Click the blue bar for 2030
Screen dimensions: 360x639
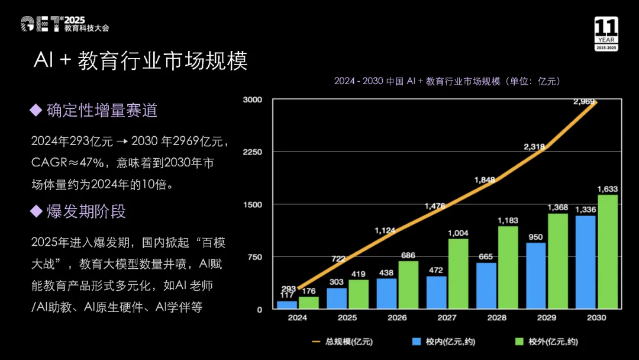585,262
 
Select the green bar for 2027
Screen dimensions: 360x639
458,274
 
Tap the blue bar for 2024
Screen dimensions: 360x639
287,305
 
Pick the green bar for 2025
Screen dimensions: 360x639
358,294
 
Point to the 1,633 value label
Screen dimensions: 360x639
608,189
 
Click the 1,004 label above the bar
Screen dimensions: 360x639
458,233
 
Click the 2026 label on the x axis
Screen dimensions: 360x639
397,318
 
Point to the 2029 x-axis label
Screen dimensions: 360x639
546,318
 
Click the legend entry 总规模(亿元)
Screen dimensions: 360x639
343,342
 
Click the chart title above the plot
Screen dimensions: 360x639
447,81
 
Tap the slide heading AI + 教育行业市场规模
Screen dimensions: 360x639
141,61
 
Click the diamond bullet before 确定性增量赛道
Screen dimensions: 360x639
36,110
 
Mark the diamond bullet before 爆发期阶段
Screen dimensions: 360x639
36,211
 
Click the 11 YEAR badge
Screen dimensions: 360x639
606,34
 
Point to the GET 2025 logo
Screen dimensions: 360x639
65,24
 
